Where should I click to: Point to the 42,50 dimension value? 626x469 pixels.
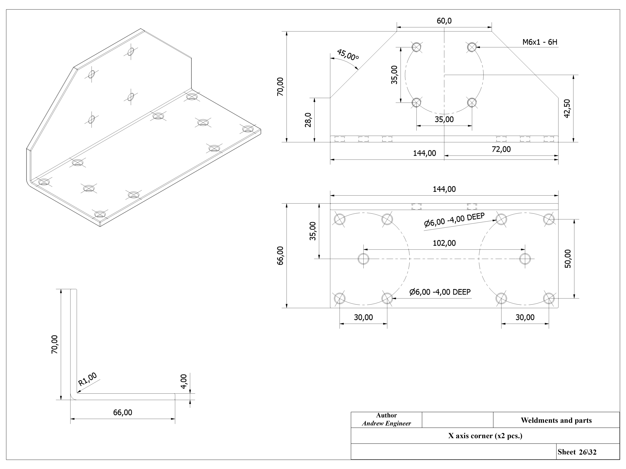(567, 109)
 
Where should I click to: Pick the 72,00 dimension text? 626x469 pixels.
(501, 149)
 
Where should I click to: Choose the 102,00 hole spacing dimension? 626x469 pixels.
(444, 243)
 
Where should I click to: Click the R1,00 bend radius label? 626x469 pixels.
(87, 379)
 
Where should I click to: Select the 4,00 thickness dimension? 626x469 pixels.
(184, 381)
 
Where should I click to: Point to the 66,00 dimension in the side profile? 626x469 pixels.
(123, 413)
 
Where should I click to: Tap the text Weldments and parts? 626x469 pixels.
(556, 420)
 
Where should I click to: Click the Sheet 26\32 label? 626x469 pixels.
(577, 452)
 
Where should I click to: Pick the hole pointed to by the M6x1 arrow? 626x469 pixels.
(472, 47)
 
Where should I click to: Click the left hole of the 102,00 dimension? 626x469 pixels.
(363, 259)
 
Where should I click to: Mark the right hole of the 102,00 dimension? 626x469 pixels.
(525, 259)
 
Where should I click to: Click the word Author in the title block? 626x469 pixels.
(386, 415)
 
